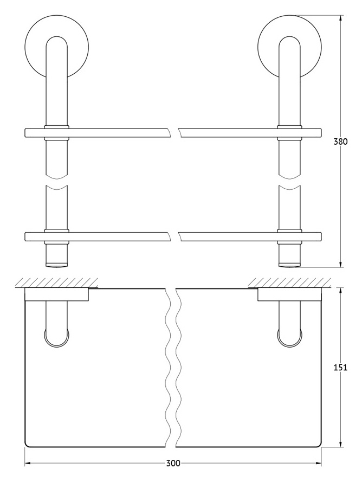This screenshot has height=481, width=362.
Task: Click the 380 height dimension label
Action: (340, 142)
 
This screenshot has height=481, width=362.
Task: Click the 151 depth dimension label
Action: (340, 367)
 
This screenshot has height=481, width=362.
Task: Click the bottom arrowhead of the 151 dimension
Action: (340, 444)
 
